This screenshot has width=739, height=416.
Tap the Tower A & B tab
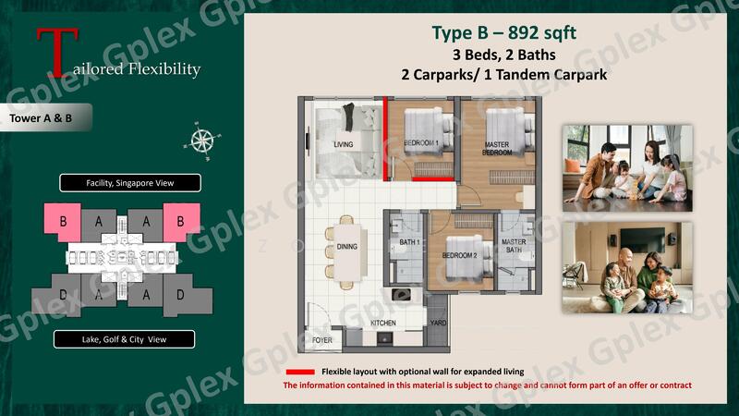coord(45,117)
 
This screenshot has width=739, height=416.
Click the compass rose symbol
coord(202,141)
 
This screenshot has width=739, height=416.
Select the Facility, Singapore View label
coord(130,183)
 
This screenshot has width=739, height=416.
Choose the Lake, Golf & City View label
coord(124,339)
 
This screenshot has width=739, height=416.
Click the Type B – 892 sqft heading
coord(503,32)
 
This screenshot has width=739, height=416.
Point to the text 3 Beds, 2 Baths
coord(503,55)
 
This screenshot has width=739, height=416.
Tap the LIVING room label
coord(343,144)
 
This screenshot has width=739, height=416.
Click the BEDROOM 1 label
coord(421,143)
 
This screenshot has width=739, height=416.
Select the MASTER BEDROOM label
coord(497,149)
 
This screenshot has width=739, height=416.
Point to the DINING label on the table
coord(347,246)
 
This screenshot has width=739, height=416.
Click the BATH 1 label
coord(409,242)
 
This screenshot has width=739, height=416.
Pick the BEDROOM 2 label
coord(459,255)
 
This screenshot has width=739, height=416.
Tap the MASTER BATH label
coord(514,245)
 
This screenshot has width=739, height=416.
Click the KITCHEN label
coord(383,323)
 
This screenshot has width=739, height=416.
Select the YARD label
coord(438,323)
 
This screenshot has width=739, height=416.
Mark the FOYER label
coord(321,340)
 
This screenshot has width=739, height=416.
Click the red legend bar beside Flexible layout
coord(300,372)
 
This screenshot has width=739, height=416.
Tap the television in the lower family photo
coord(641,240)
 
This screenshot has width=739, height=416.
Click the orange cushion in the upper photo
coord(573,165)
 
